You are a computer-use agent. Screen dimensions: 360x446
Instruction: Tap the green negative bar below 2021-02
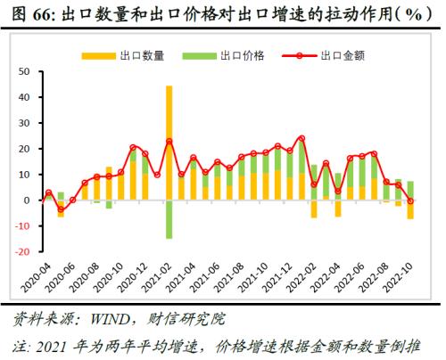pyautogui.click(x=169, y=219)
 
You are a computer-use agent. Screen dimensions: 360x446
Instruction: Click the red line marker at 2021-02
pyautogui.click(x=169, y=142)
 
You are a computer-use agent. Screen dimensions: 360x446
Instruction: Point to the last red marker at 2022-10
pyautogui.click(x=410, y=200)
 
